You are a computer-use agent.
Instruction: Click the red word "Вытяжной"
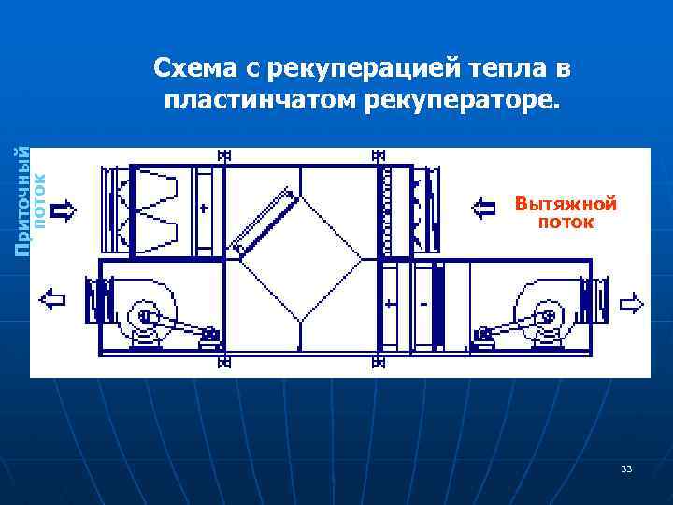pyautogui.click(x=566, y=203)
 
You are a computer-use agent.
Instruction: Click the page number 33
pyautogui.click(x=625, y=468)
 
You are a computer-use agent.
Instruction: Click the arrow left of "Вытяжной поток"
pyautogui.click(x=484, y=207)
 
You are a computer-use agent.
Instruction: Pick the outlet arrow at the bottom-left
pyautogui.click(x=51, y=299)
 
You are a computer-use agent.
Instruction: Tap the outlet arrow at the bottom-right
pyautogui.click(x=632, y=302)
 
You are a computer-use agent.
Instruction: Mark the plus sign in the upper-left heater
pyautogui.click(x=203, y=207)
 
